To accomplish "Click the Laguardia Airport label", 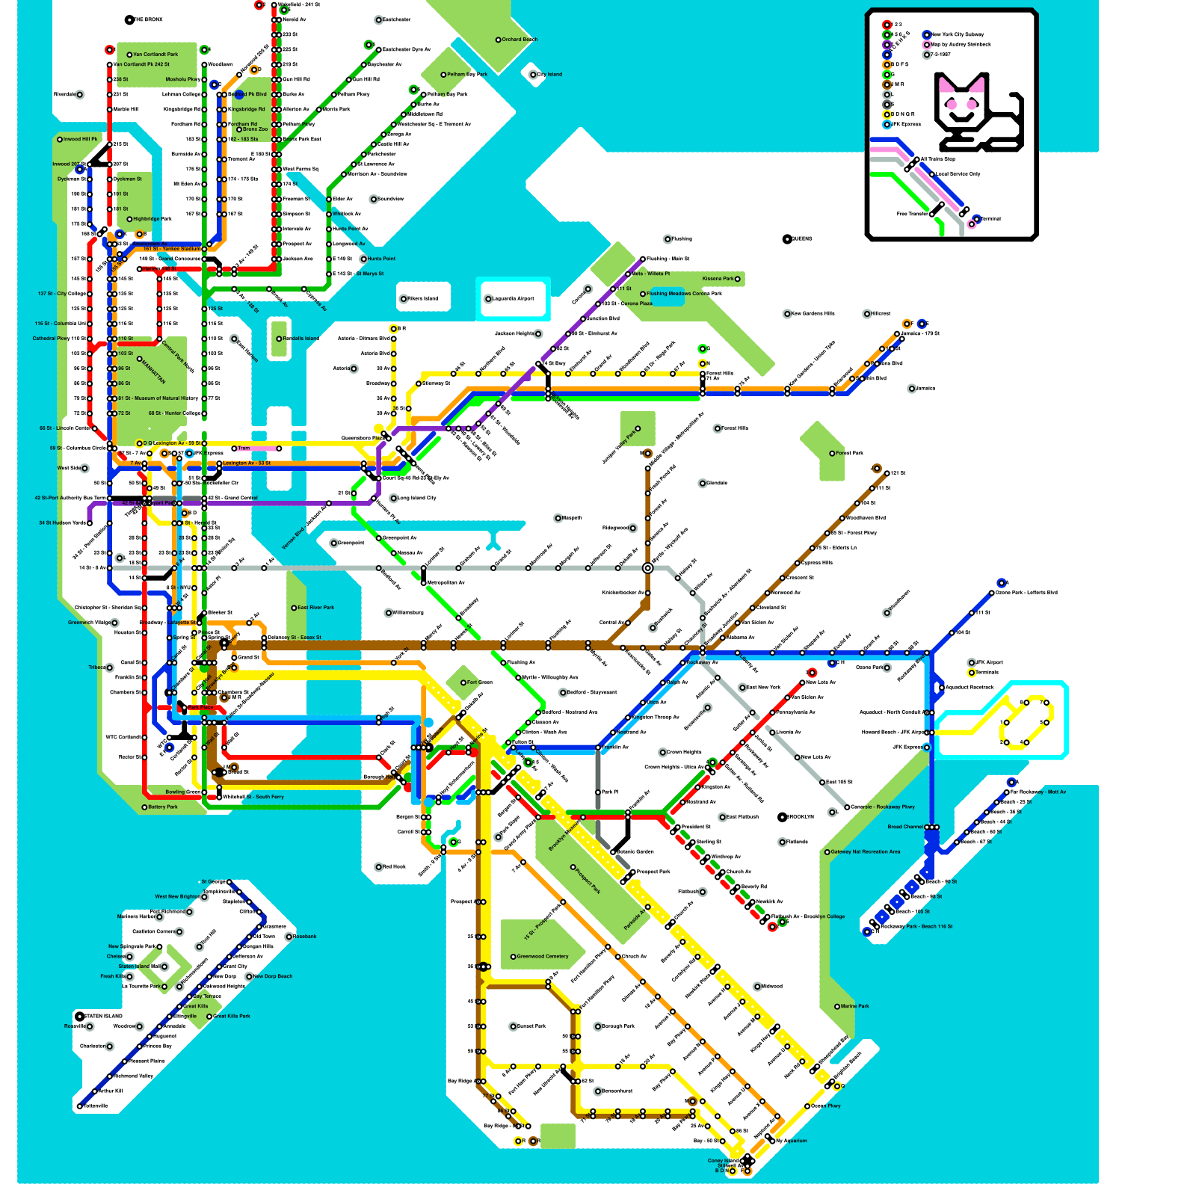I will [x=514, y=298].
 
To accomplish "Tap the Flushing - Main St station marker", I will [x=642, y=259].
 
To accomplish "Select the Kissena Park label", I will [x=718, y=279].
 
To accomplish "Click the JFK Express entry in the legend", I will [x=906, y=124].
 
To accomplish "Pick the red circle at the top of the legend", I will [x=887, y=25].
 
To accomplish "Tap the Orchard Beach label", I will [x=519, y=40].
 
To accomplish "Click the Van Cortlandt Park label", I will [x=155, y=55].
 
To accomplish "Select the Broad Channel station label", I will [x=905, y=827].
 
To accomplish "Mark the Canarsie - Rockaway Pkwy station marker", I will [x=847, y=807].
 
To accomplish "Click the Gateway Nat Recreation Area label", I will [x=866, y=851].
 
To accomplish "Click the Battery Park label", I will [x=162, y=807].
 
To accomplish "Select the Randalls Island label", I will [x=300, y=339].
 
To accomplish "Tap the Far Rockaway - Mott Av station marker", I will [x=1007, y=792].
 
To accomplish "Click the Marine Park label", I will [x=854, y=1006].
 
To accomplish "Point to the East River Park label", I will [x=315, y=608].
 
